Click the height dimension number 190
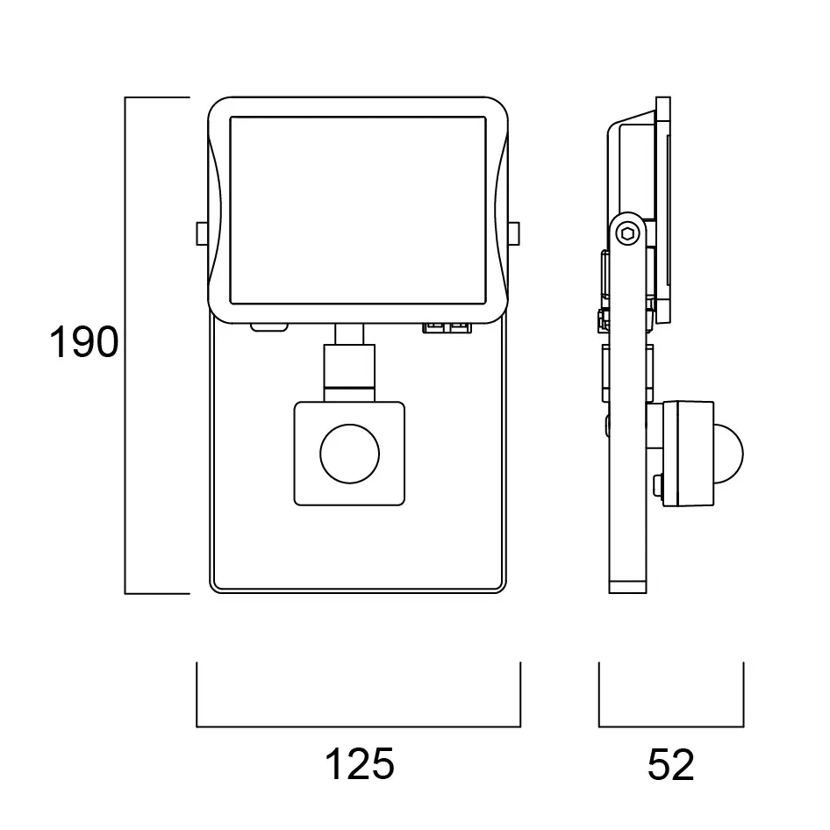point(83,342)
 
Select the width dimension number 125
point(360,765)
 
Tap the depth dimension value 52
point(670,765)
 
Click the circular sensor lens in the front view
point(349,454)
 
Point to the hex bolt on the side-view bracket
point(626,232)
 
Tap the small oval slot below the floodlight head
point(269,328)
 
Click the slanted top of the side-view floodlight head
point(632,117)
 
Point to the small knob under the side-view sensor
point(657,482)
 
